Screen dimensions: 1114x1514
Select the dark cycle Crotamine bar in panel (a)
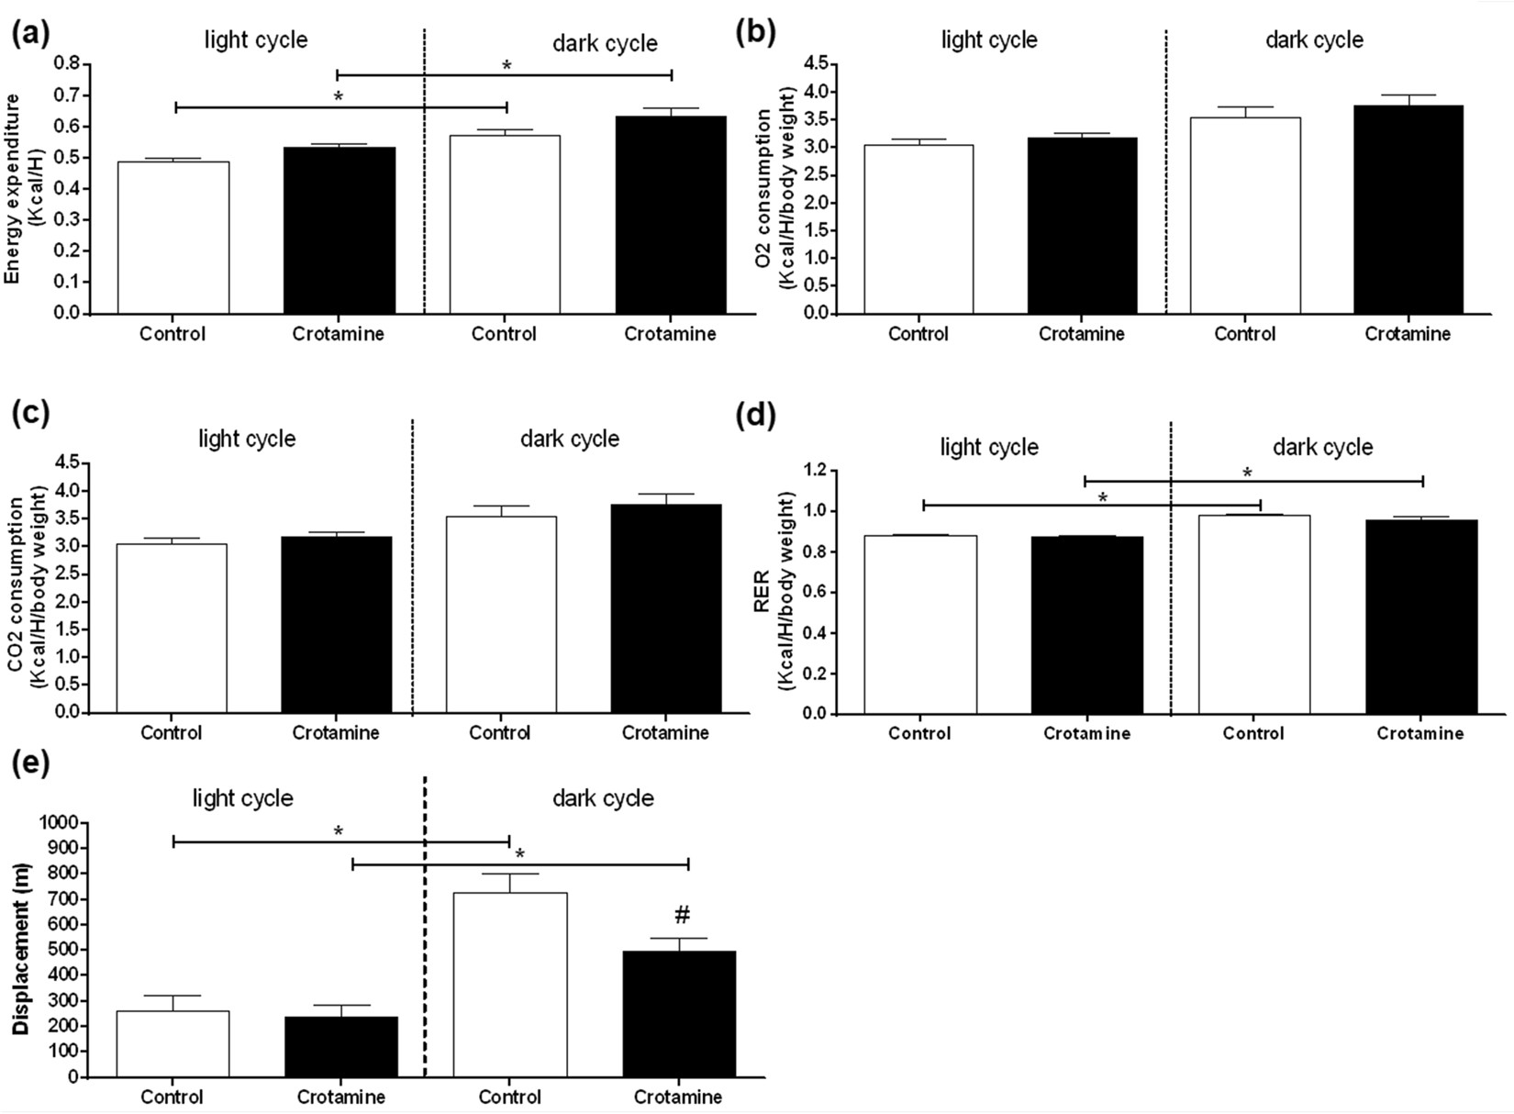click(670, 215)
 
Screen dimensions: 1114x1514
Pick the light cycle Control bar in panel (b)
click(918, 229)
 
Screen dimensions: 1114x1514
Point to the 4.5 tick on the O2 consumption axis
click(815, 63)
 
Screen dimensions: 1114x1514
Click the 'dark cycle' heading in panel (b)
click(1314, 40)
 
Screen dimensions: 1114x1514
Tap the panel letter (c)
click(30, 414)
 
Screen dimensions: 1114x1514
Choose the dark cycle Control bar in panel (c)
click(501, 615)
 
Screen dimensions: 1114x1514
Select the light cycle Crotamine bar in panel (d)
click(1086, 625)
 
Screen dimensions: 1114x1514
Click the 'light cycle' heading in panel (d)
click(989, 448)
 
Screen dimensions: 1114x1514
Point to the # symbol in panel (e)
click(682, 915)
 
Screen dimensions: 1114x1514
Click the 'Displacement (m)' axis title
click(21, 949)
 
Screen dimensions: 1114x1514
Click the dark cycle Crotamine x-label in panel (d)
click(1420, 733)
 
